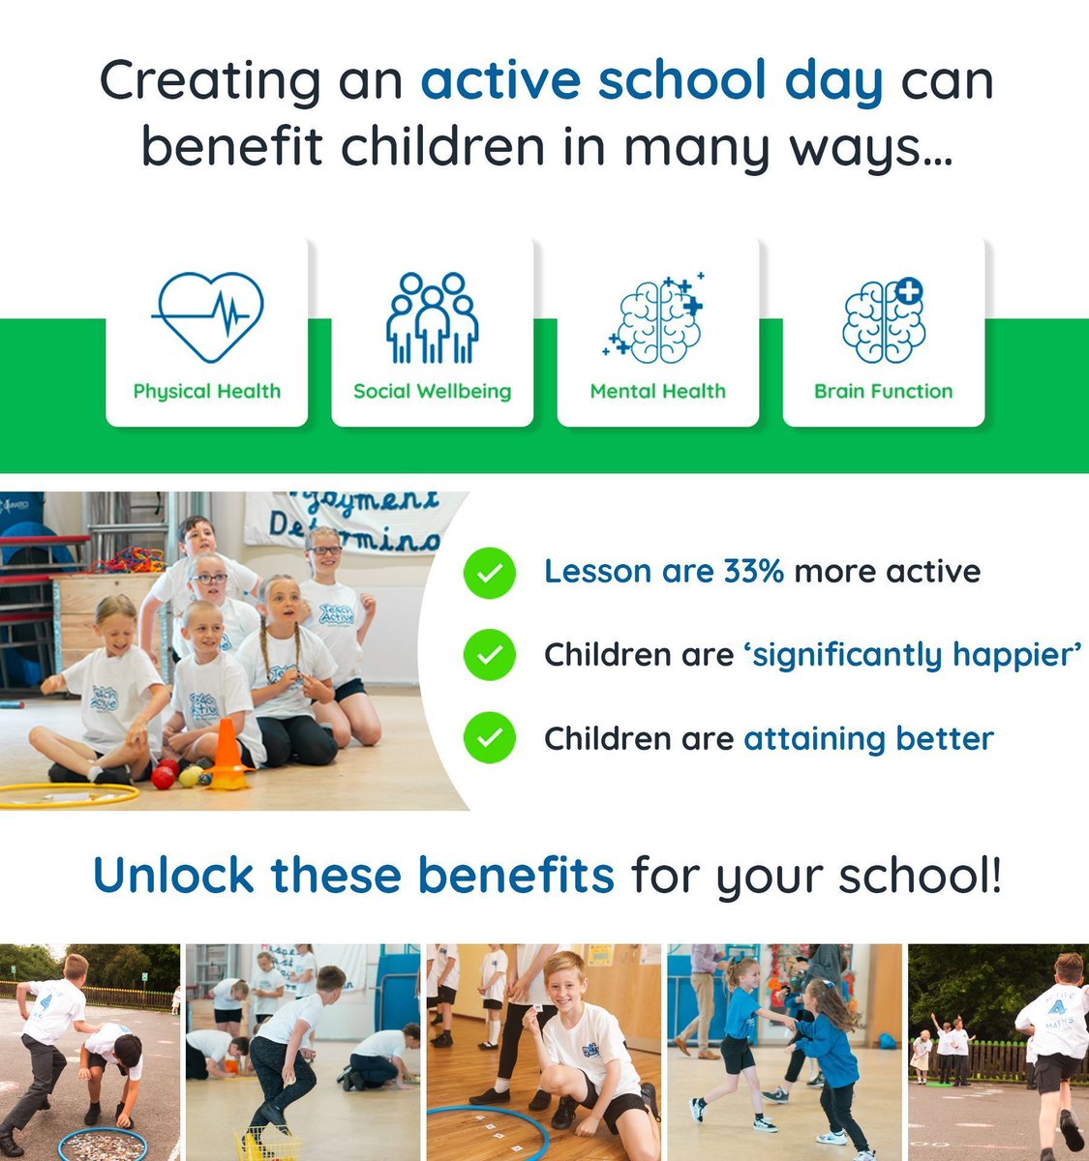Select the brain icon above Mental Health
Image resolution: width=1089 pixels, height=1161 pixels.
(x=657, y=318)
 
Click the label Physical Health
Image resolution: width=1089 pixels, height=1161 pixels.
(x=207, y=392)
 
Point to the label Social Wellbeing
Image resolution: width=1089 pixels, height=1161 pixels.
(x=432, y=392)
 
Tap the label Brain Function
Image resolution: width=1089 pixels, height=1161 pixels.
(x=883, y=392)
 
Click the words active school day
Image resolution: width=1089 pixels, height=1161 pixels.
(x=651, y=80)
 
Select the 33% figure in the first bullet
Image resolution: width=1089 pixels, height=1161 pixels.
(x=753, y=572)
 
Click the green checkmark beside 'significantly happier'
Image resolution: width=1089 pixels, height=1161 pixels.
(x=490, y=655)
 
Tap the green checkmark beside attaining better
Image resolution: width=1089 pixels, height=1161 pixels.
(x=490, y=739)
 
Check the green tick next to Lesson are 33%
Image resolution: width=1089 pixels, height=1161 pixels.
(x=490, y=572)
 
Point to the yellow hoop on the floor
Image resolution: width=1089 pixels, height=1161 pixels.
(x=68, y=795)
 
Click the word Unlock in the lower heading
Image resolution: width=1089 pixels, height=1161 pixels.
(x=173, y=876)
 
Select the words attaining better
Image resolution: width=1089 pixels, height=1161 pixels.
(x=868, y=739)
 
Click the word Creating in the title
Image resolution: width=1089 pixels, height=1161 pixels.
(x=210, y=80)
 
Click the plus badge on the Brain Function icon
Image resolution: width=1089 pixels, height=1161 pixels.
(x=908, y=290)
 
